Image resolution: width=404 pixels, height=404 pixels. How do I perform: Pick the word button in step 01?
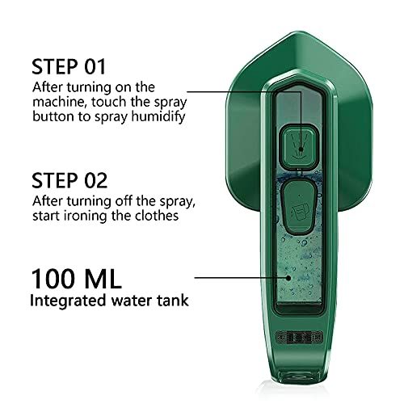tap(53, 115)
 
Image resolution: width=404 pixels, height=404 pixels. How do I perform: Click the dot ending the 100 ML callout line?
tap(289, 277)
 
